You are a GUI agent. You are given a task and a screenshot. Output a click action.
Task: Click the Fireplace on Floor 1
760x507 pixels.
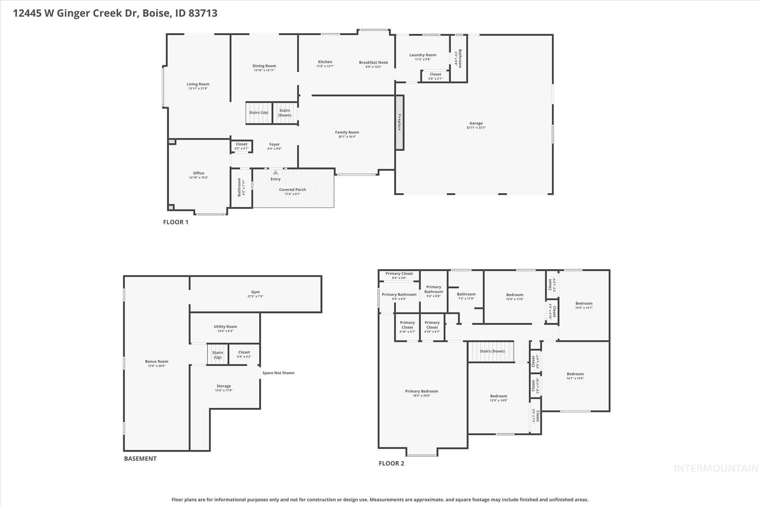400,123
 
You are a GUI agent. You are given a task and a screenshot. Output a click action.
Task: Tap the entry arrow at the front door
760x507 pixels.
275,172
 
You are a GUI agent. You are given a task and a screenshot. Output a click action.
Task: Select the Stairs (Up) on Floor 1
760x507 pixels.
259,113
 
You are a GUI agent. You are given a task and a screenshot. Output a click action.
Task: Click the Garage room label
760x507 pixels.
476,123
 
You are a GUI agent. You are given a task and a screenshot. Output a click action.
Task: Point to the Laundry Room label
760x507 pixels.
423,55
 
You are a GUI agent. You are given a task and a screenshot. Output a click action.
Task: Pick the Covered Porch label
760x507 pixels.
292,190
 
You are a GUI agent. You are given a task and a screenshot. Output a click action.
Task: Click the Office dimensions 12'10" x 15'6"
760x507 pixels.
199,178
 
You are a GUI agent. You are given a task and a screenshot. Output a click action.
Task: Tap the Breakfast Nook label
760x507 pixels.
373,62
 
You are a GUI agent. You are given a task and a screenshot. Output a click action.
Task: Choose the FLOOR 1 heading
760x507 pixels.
176,222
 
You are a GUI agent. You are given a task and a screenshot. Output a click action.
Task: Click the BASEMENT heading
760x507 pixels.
140,458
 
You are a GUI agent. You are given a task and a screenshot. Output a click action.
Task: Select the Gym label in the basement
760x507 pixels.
255,292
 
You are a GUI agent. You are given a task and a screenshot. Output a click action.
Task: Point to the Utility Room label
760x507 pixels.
225,327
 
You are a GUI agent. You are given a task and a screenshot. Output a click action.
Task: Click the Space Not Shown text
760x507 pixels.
278,373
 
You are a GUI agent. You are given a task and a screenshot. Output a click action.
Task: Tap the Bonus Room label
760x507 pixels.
157,361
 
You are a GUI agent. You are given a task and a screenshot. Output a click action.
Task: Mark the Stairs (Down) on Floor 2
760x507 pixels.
492,351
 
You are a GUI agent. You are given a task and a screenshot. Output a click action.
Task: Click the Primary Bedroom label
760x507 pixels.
422,391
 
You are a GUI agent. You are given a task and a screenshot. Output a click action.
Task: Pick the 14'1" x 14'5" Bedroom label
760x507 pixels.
575,374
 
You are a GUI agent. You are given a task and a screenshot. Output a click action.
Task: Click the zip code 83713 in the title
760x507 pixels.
203,13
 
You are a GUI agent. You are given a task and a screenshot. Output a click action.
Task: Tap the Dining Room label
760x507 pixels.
264,66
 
